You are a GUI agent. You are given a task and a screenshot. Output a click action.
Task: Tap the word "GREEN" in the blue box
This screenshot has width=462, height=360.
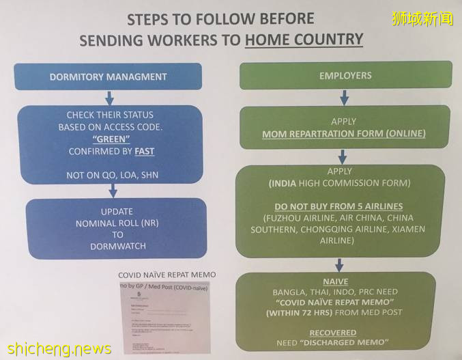(110, 139)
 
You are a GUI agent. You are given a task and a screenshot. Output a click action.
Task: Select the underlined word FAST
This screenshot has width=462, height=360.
(144, 151)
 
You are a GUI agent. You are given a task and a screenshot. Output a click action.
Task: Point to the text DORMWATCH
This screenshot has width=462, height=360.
(117, 247)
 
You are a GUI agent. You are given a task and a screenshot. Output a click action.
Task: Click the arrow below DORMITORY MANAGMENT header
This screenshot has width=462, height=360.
(109, 98)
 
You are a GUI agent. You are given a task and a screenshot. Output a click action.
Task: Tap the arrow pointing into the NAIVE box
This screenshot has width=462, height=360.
(339, 264)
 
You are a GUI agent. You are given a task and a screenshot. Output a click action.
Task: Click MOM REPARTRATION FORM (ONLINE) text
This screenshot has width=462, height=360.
(343, 134)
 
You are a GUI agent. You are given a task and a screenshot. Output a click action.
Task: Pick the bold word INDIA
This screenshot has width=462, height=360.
(284, 182)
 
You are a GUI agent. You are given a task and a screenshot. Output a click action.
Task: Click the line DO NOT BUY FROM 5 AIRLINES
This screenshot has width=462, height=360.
(338, 206)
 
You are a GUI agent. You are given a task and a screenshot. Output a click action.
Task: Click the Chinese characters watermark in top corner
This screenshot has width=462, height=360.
(422, 18)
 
